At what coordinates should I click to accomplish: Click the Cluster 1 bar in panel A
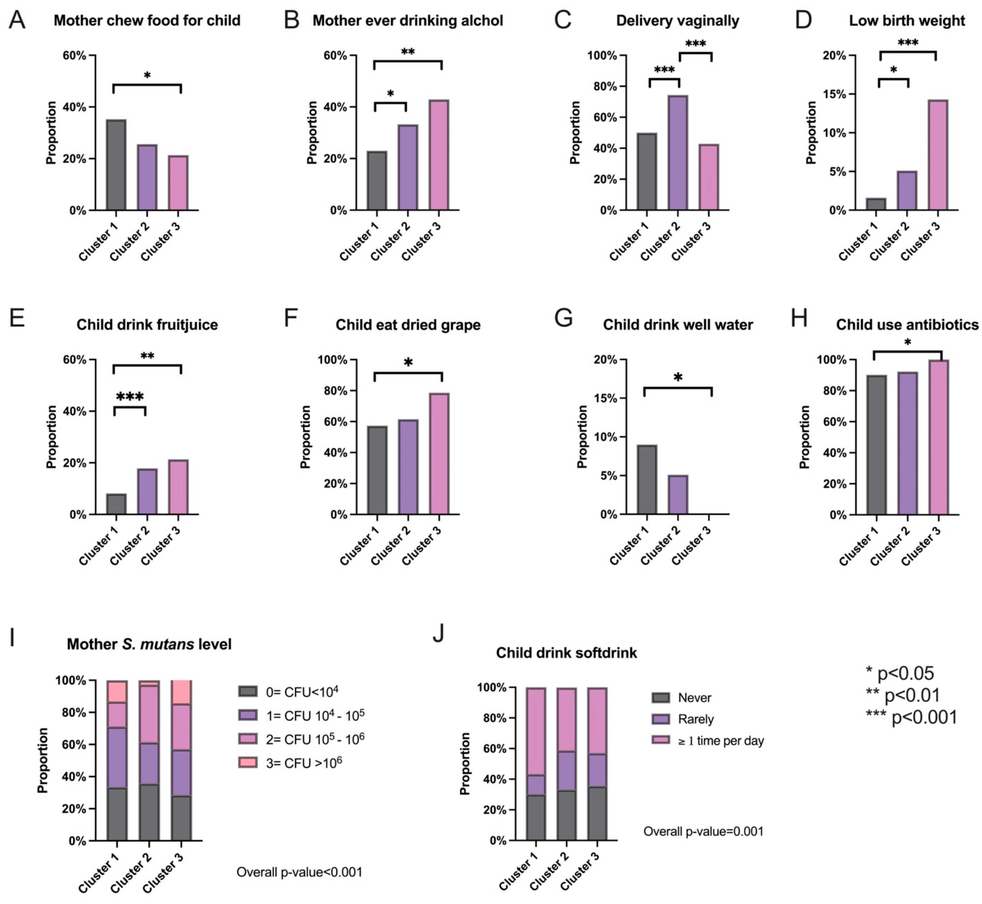tap(116, 165)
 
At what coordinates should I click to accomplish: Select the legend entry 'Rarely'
tap(695, 719)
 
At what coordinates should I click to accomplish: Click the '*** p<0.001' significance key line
tap(911, 717)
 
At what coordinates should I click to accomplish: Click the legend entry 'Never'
tap(694, 698)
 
